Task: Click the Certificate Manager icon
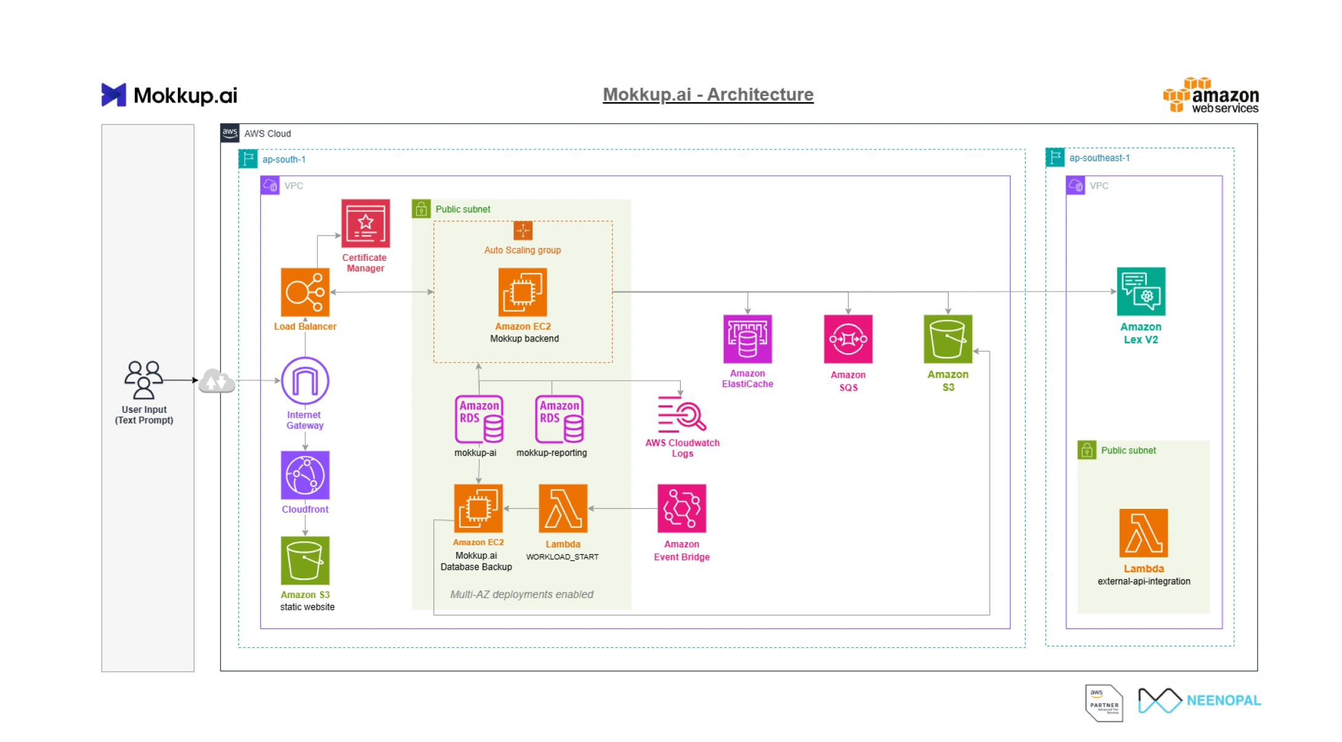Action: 366,223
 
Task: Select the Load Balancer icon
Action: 305,292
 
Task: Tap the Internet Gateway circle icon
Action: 305,381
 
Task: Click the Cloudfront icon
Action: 305,475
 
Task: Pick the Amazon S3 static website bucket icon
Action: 305,560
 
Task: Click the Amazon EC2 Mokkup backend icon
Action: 523,292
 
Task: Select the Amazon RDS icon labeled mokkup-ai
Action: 479,419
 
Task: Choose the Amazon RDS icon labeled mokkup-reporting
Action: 559,419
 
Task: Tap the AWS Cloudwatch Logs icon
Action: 681,413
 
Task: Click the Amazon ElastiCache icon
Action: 747,339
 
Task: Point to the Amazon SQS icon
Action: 848,339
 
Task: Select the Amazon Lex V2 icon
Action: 1141,292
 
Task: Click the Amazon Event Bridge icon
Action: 681,508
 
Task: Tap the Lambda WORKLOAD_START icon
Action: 563,508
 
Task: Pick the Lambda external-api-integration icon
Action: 1143,533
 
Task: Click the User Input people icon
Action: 144,380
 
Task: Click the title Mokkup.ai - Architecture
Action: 708,94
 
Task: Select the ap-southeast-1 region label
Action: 1099,158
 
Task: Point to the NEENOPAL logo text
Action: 1223,700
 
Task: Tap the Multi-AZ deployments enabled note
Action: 521,594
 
